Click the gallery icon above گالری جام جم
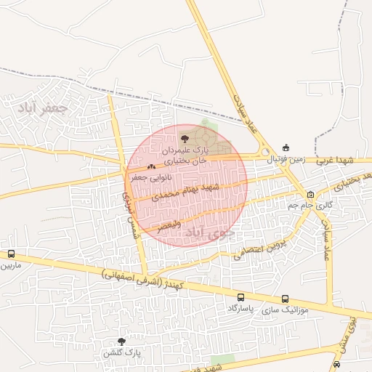(311, 194)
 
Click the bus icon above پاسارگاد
(241, 297)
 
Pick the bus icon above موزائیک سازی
(285, 299)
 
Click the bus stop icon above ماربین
(11, 254)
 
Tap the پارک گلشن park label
(120, 352)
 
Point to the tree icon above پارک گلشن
(121, 341)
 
